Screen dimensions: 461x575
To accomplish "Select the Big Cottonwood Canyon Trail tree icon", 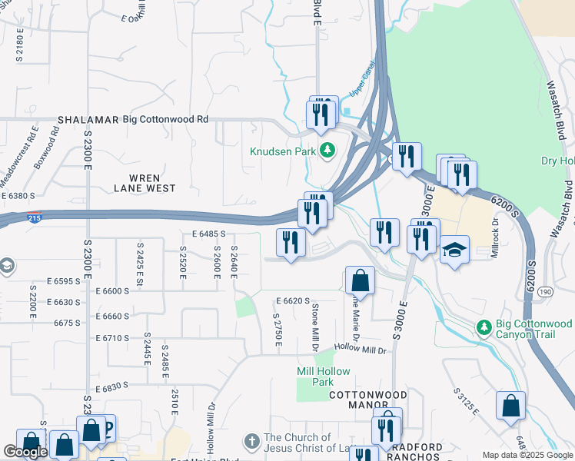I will [484, 327].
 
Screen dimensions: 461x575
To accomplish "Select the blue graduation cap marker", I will [455, 250].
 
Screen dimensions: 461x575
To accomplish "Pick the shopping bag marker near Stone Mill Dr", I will [360, 280].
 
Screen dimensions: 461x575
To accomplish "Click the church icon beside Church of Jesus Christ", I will [251, 441].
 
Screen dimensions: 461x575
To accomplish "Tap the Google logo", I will [25, 453].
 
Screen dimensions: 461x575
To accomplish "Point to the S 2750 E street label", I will [277, 329].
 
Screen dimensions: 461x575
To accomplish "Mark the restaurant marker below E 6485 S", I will [291, 244].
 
